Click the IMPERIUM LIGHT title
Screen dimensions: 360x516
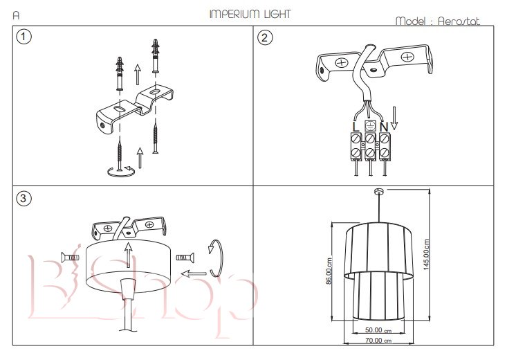pos(250,14)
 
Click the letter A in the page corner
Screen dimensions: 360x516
pos(16,14)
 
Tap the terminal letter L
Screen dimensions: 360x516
pos(355,127)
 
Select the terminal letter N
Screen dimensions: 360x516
pos(384,127)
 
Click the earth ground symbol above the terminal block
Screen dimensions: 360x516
pos(369,125)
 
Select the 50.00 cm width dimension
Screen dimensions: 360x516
pos(378,330)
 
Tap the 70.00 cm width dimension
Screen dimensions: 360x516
pos(378,341)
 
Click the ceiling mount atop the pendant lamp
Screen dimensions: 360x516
pos(378,190)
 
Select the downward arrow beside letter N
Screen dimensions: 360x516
pos(394,118)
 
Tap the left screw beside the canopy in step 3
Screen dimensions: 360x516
pos(71,258)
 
